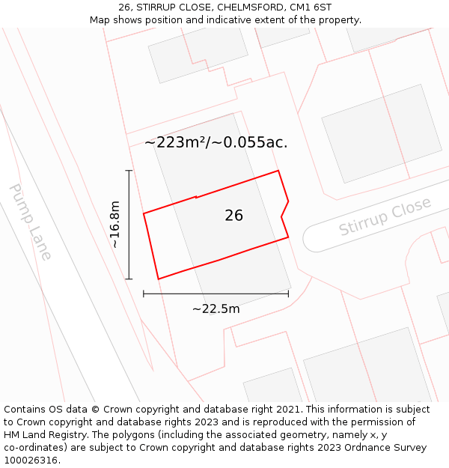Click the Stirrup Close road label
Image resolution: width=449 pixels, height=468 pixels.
tap(385, 216)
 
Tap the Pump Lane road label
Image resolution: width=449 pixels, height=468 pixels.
tap(31, 222)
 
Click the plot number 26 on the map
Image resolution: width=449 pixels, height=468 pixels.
tap(233, 216)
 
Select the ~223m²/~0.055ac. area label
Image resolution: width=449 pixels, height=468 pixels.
tap(216, 142)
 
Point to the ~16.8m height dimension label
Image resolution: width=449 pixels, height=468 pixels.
tap(114, 225)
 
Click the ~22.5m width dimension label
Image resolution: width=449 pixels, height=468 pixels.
tap(216, 309)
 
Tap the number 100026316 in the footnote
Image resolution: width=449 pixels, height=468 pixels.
tap(31, 460)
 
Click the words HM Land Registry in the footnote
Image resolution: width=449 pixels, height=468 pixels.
tap(43, 435)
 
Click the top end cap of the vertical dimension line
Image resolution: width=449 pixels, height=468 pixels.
tap(129, 171)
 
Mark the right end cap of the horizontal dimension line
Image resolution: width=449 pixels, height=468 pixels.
tap(288, 294)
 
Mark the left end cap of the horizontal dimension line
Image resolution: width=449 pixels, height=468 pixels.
tap(144, 294)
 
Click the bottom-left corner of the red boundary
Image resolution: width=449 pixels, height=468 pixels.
tap(158, 279)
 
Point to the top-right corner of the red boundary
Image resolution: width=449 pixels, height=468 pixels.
tap(278, 171)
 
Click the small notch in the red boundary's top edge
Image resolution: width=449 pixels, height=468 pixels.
tap(196, 198)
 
